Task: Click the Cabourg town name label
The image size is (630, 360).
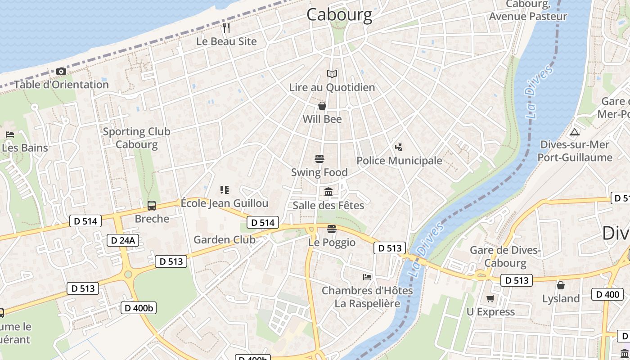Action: pos(339,14)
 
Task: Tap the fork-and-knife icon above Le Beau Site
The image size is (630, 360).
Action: pos(226,28)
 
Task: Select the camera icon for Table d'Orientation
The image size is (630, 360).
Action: pos(61,71)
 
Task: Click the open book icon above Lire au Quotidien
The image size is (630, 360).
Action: pos(332,74)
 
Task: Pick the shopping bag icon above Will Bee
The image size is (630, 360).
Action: pos(322,106)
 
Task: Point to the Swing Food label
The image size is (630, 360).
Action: pos(319,172)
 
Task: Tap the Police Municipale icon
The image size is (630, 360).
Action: pos(399,147)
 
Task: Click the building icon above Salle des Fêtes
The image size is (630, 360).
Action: pos(328,192)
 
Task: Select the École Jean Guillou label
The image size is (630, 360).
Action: pos(225,203)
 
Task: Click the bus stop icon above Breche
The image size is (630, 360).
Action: pos(152,206)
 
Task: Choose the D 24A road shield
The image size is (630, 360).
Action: pos(122,240)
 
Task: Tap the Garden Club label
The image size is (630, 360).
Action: pos(224,240)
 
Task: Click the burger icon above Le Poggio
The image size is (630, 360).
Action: pos(332,229)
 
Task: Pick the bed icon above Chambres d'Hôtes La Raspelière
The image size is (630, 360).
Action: pos(367,277)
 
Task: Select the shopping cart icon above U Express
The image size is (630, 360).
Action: pos(490,298)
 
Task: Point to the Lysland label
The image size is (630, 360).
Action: pos(561,299)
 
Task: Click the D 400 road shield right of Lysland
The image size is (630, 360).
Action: pos(607,294)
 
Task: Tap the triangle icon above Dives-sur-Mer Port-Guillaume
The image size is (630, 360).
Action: pos(574,132)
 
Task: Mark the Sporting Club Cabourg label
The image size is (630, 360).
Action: pos(136,138)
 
